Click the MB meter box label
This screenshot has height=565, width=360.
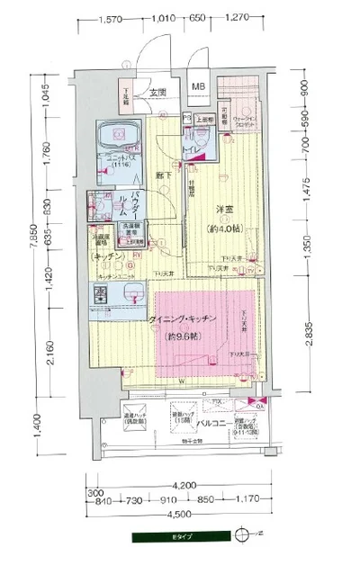197,87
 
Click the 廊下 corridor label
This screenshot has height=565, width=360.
162,175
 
